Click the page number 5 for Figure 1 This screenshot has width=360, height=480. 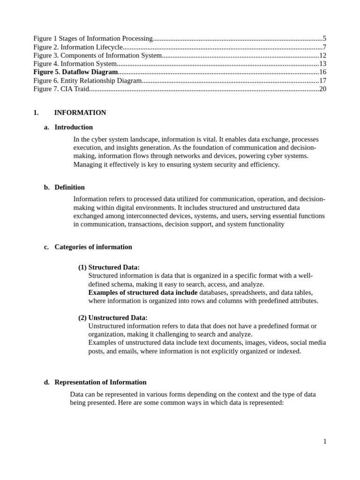pyautogui.click(x=324, y=38)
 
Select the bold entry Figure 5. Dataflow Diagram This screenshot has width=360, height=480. pyautogui.click(x=75, y=72)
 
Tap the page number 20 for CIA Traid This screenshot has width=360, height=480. pyautogui.click(x=322, y=89)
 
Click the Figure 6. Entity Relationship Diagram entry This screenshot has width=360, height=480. pyautogui.click(x=87, y=81)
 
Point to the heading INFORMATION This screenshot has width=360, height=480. pyautogui.click(x=80, y=112)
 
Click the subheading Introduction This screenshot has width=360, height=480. pyautogui.click(x=74, y=127)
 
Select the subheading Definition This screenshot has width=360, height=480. pyautogui.click(x=69, y=187)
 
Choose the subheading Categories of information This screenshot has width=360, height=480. pyautogui.click(x=93, y=247)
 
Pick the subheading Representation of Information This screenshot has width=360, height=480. pyautogui.click(x=100, y=382)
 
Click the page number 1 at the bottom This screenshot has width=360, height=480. pyautogui.click(x=324, y=441)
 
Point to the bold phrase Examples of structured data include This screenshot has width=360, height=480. pyautogui.click(x=143, y=292)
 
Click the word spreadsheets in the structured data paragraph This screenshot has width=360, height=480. pyautogui.click(x=248, y=292)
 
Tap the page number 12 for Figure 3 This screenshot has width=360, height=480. pyautogui.click(x=322, y=55)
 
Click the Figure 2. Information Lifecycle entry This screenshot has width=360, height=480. pyautogui.click(x=78, y=47)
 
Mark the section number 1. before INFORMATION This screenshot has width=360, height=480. pyautogui.click(x=36, y=112)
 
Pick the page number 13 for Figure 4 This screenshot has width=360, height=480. pyautogui.click(x=322, y=64)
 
